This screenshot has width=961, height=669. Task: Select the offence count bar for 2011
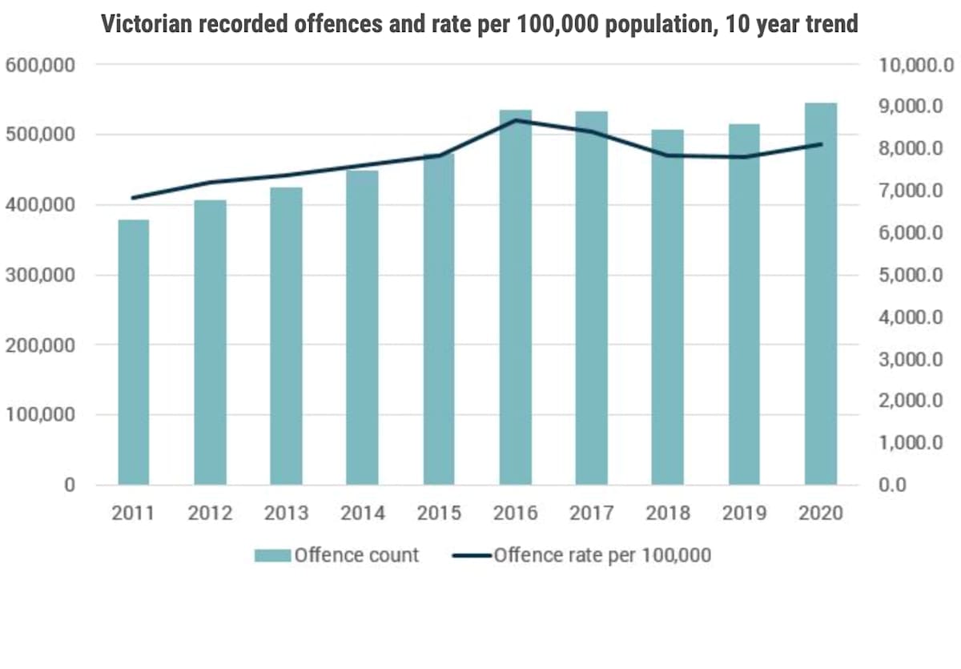[x=133, y=353]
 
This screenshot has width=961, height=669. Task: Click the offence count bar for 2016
[x=516, y=297]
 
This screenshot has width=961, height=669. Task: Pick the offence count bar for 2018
[x=668, y=308]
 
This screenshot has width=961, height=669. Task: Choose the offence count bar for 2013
[x=286, y=337]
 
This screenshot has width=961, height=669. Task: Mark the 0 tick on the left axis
[x=70, y=486]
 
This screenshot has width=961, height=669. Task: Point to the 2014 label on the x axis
[x=363, y=514]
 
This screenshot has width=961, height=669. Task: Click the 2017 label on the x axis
[x=592, y=514]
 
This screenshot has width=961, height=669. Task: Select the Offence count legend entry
[x=337, y=555]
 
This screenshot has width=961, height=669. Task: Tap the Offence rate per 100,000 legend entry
[x=581, y=555]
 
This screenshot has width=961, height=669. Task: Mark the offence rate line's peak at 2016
[x=516, y=120]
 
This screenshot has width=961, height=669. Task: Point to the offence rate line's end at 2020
[x=821, y=144]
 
